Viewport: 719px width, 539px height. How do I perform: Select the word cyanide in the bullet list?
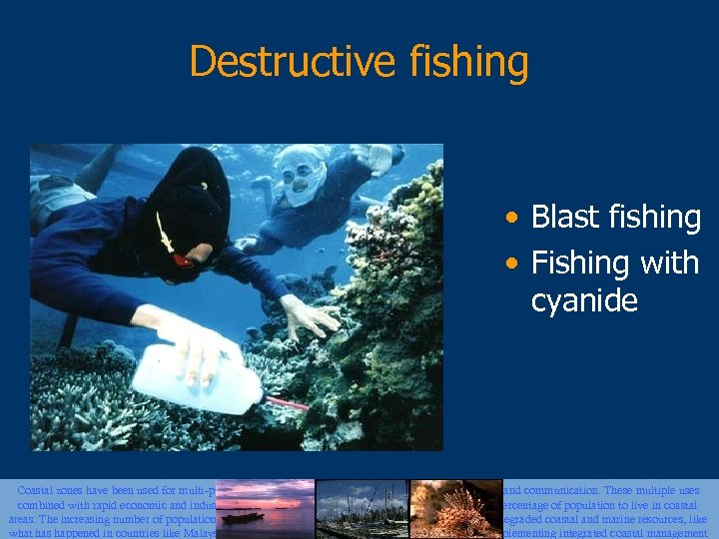coord(584,300)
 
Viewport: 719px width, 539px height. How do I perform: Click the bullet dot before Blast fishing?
coord(511,218)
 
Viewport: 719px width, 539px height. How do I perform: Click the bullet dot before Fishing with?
coord(511,265)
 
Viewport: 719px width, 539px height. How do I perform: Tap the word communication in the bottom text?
coord(567,491)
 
